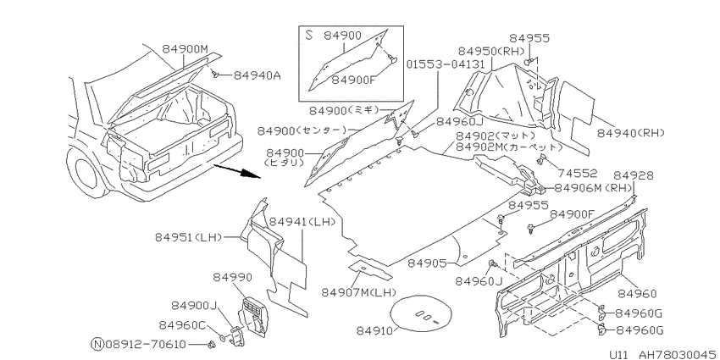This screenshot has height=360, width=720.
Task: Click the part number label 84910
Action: pyautogui.click(x=372, y=331)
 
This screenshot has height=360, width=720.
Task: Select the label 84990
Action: pyautogui.click(x=232, y=277)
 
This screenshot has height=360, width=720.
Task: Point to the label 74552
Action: pyautogui.click(x=577, y=173)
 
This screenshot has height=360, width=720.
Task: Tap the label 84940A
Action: pyautogui.click(x=258, y=75)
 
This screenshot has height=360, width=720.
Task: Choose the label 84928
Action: pyautogui.click(x=634, y=175)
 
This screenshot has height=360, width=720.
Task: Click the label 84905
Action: pyautogui.click(x=427, y=263)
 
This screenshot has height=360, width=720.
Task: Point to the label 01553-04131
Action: pyautogui.click(x=446, y=64)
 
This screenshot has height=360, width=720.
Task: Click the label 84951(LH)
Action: pyautogui.click(x=188, y=237)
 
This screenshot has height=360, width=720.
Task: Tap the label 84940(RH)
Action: pyautogui.click(x=631, y=133)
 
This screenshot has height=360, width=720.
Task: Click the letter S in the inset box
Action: pyautogui.click(x=309, y=36)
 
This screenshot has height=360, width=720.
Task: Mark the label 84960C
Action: pyautogui.click(x=182, y=325)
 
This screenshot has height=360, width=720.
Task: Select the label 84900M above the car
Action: pyautogui.click(x=185, y=49)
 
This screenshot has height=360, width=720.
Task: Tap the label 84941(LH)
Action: pyautogui.click(x=302, y=221)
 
